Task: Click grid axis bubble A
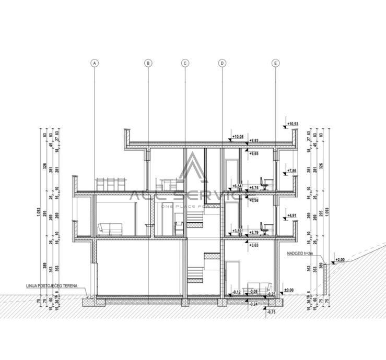(x=95, y=63)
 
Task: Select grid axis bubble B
(x=148, y=63)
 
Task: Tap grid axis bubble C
(x=185, y=63)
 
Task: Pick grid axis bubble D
(x=222, y=63)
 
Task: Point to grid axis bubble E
(x=276, y=63)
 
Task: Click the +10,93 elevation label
(x=293, y=124)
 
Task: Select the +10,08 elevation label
(x=238, y=137)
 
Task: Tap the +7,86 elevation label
(x=291, y=171)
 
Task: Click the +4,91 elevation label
(x=291, y=215)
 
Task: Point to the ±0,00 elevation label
(x=288, y=290)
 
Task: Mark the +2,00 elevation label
(x=340, y=259)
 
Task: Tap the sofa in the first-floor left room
(x=109, y=229)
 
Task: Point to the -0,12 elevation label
(x=237, y=292)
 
